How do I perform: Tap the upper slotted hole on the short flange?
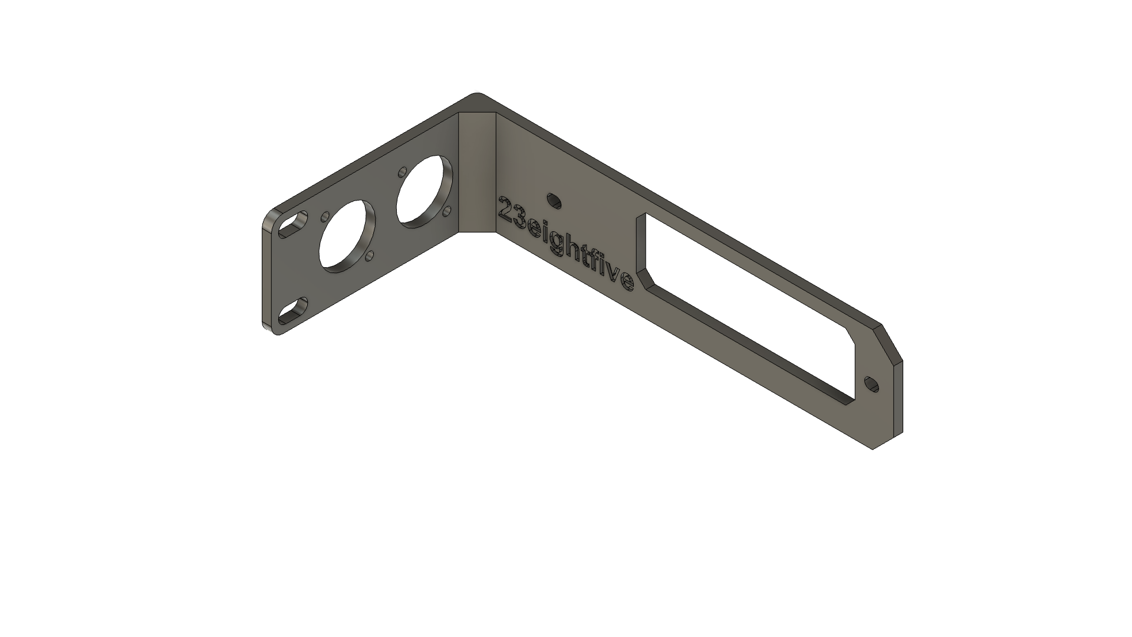coord(294,225)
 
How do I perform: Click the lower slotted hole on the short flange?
coord(293,311)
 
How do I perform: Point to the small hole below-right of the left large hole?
coord(371,255)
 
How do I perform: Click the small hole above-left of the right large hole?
coord(402,171)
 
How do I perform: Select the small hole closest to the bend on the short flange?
coord(447,210)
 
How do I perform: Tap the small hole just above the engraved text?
coord(554,201)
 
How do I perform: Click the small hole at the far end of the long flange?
coord(871,385)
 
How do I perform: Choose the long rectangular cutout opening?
coord(743,307)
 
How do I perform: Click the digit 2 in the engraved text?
coord(506,208)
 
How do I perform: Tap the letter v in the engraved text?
coord(614,272)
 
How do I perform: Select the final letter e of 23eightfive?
coord(627,282)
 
